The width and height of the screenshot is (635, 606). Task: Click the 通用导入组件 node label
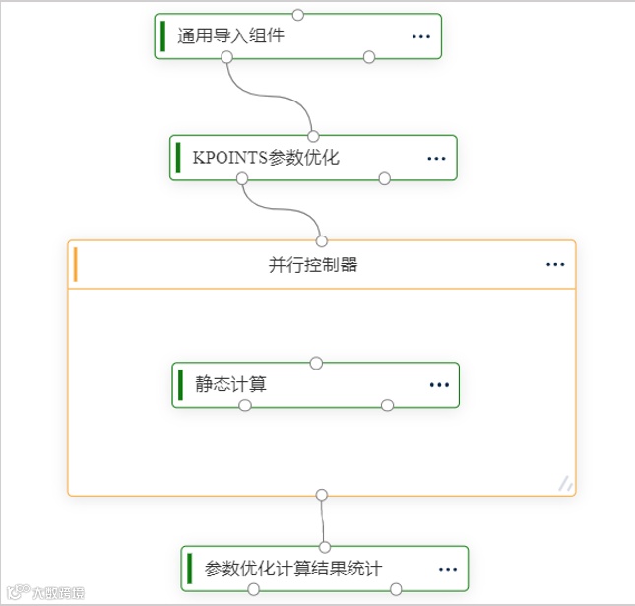coord(231,36)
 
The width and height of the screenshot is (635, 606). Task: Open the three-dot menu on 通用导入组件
coord(420,36)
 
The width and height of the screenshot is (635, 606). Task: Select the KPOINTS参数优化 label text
coord(266,158)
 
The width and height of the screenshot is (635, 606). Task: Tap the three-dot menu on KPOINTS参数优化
coord(437,158)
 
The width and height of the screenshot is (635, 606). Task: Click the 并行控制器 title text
coord(312,264)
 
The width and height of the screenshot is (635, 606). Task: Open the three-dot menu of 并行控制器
coord(555,264)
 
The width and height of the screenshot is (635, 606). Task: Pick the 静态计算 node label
coord(230,384)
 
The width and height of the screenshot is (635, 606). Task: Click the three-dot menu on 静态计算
coord(438,384)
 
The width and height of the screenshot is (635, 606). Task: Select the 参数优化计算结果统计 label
coord(292,569)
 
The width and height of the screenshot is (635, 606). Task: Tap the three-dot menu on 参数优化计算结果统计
coord(448,569)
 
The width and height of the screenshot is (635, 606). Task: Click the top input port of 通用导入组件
coord(298,14)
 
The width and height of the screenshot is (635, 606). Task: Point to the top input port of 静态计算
coord(316,363)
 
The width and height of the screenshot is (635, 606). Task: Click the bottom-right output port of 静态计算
coord(387,405)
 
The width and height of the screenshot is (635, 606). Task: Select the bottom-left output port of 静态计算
coord(245,405)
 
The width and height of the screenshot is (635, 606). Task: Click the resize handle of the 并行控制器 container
coord(565,483)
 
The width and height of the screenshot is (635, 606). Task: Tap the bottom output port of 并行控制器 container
coord(321,494)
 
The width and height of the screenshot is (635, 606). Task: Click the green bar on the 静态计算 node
coord(181,384)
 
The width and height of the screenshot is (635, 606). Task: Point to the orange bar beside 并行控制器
coord(76,264)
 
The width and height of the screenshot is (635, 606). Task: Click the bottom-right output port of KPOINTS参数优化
coord(385,178)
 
